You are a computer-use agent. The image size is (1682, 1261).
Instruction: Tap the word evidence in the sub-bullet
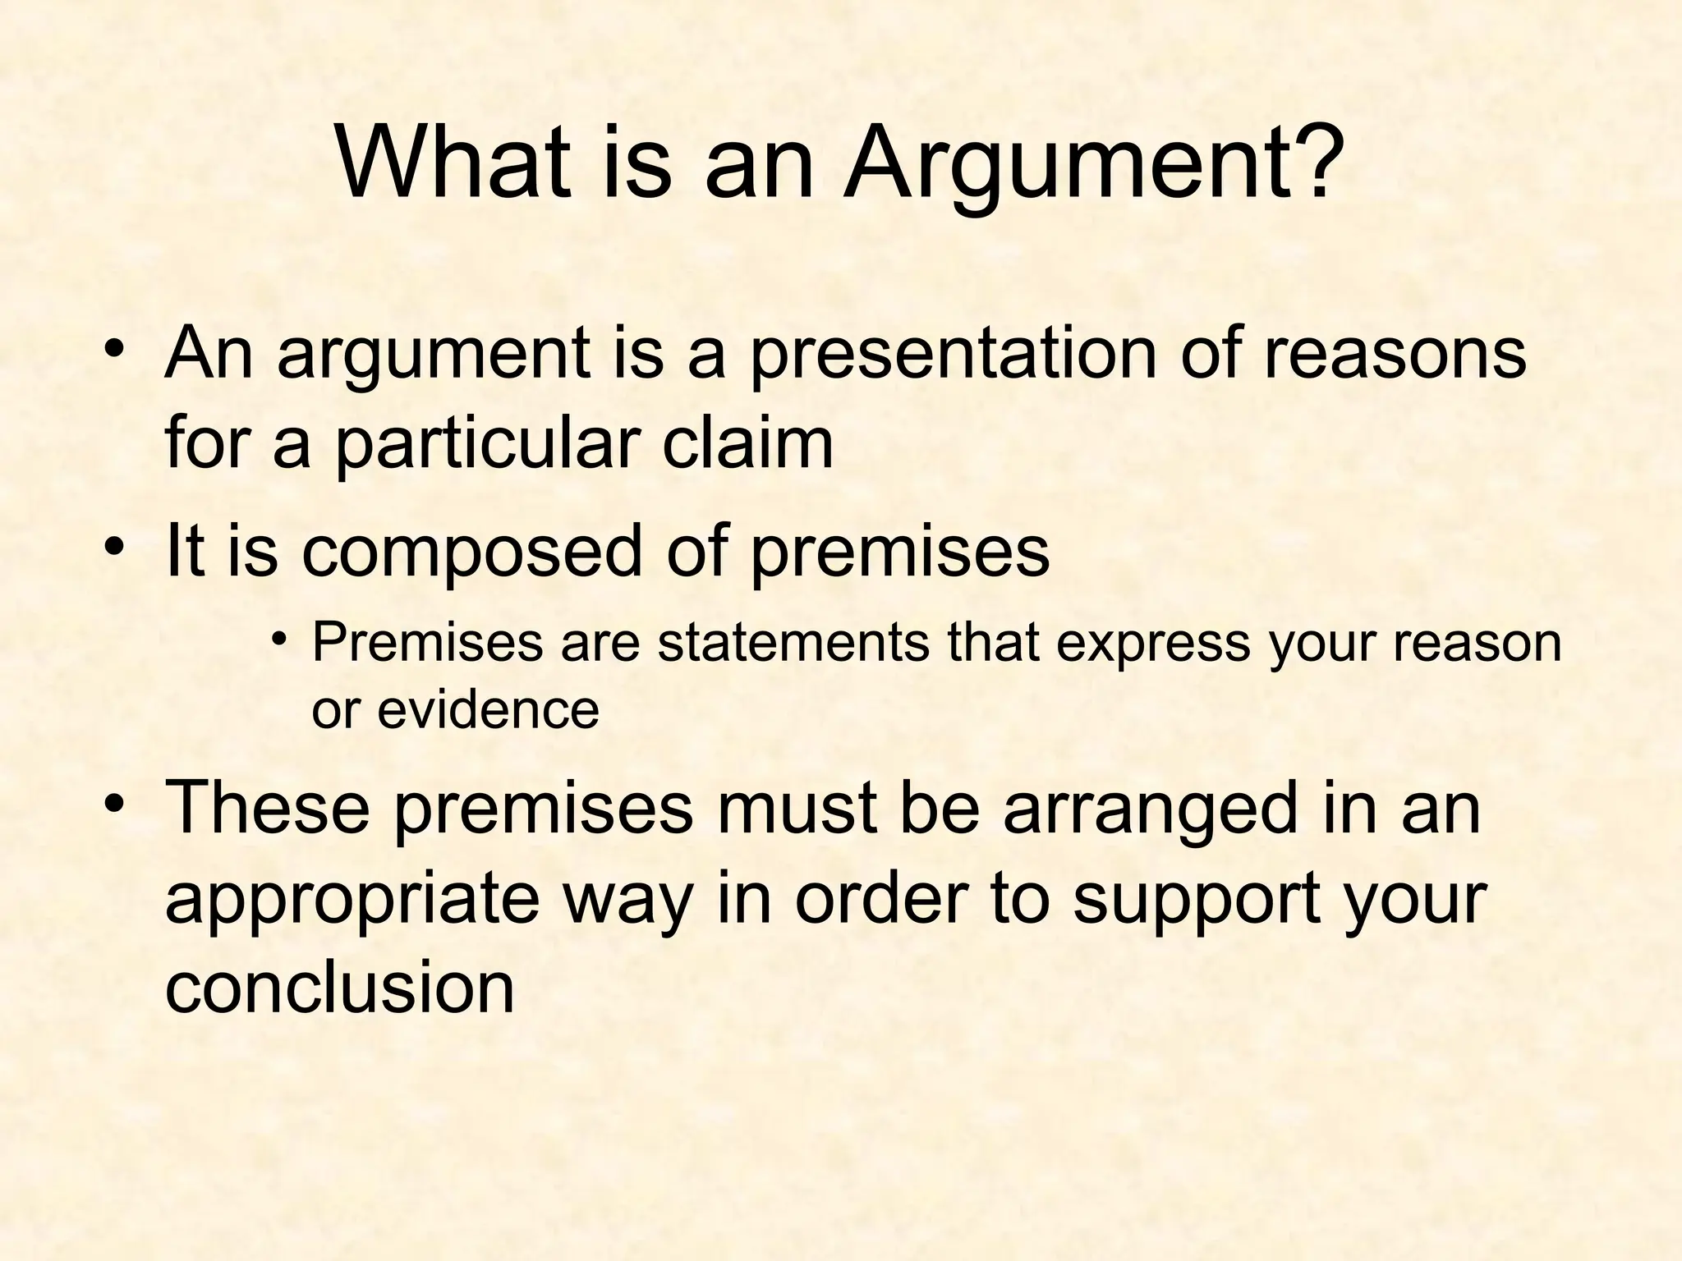[x=488, y=708]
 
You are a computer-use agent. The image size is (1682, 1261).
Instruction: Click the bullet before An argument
[x=114, y=349]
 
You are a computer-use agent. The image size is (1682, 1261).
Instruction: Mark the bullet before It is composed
[x=114, y=546]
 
